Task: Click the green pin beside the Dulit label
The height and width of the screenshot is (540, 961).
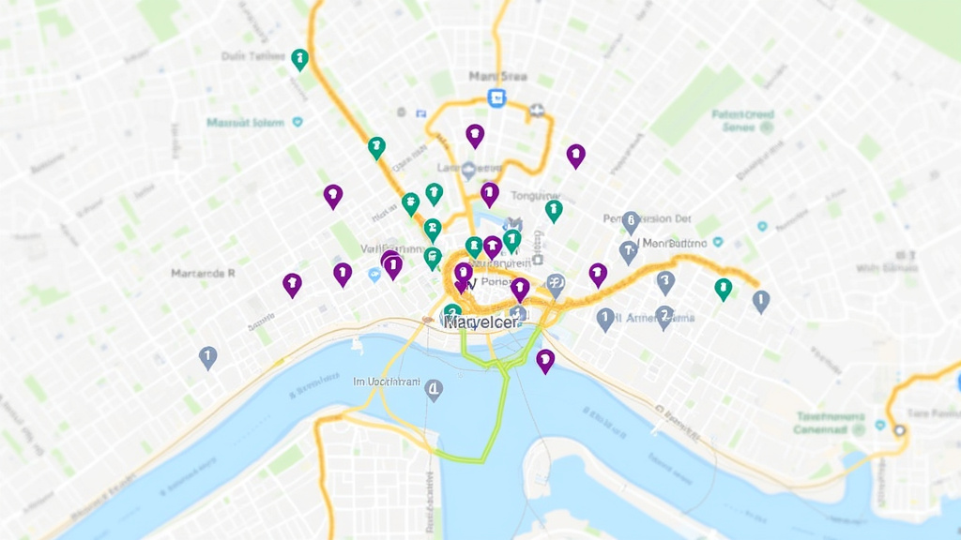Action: pos(300,59)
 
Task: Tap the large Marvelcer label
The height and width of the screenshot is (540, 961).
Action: pos(481,322)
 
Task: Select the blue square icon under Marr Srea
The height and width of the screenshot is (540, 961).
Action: pos(496,97)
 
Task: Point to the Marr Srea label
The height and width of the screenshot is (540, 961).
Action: pos(497,76)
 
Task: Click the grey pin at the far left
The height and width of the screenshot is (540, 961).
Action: pos(207,356)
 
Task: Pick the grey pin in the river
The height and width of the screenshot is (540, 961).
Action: pos(433,389)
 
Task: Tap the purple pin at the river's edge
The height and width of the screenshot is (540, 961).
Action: pos(545,359)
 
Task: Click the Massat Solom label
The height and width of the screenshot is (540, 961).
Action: pos(244,122)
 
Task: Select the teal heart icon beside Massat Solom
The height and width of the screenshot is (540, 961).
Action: pos(298,122)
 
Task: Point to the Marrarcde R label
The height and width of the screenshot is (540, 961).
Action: pos(203,274)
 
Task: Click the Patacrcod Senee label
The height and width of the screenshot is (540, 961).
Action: pos(743,121)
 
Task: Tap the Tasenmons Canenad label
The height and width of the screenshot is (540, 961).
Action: pos(831,423)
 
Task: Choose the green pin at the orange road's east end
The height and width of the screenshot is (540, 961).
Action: pos(723,288)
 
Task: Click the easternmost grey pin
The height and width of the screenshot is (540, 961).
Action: pos(761,300)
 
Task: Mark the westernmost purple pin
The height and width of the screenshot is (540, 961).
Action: pos(292,283)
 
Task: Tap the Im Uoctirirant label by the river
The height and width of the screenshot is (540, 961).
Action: pos(387,382)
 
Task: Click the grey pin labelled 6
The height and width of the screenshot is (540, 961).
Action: pos(631,221)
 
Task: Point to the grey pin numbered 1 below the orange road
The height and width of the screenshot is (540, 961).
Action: pos(605,319)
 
